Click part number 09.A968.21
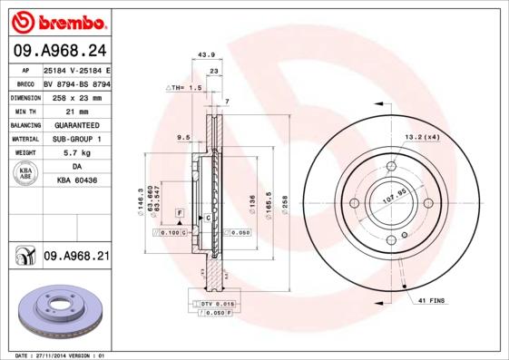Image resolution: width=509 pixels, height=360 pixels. tap(76, 257)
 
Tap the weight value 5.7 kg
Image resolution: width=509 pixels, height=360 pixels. tap(76, 154)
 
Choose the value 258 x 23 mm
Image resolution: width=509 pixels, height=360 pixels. tap(76, 96)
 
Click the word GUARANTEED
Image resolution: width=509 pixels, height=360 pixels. tap(76, 124)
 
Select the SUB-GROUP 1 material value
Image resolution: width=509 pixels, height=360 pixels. tap(76, 139)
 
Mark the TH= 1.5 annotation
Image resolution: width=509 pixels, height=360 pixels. tap(185, 89)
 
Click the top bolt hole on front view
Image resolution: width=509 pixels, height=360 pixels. tap(391, 166)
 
